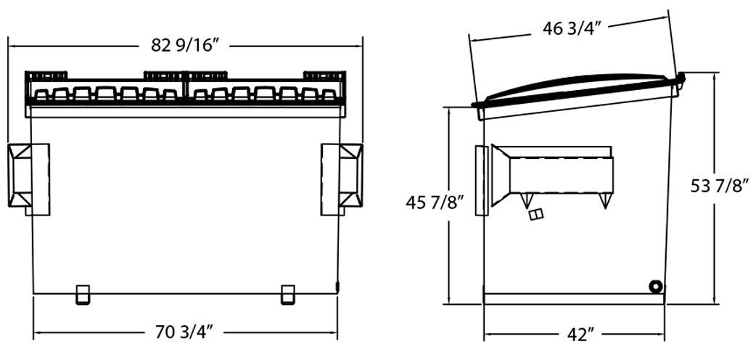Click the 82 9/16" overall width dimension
tap(185, 45)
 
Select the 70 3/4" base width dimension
tap(184, 332)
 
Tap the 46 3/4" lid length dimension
tap(572, 28)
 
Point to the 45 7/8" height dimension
tap(435, 202)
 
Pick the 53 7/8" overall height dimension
tap(719, 185)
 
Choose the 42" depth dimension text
tap(580, 334)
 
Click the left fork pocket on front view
tap(28, 179)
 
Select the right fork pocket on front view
tap(342, 179)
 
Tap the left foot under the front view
tap(83, 295)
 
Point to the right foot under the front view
tap(288, 295)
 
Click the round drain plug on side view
tap(655, 287)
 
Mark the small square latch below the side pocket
tap(536, 214)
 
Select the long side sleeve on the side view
tap(553, 175)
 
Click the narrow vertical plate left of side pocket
tap(482, 180)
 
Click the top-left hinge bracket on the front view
tap(46, 75)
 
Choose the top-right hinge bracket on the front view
tap(324, 75)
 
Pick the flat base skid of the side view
tap(574, 299)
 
